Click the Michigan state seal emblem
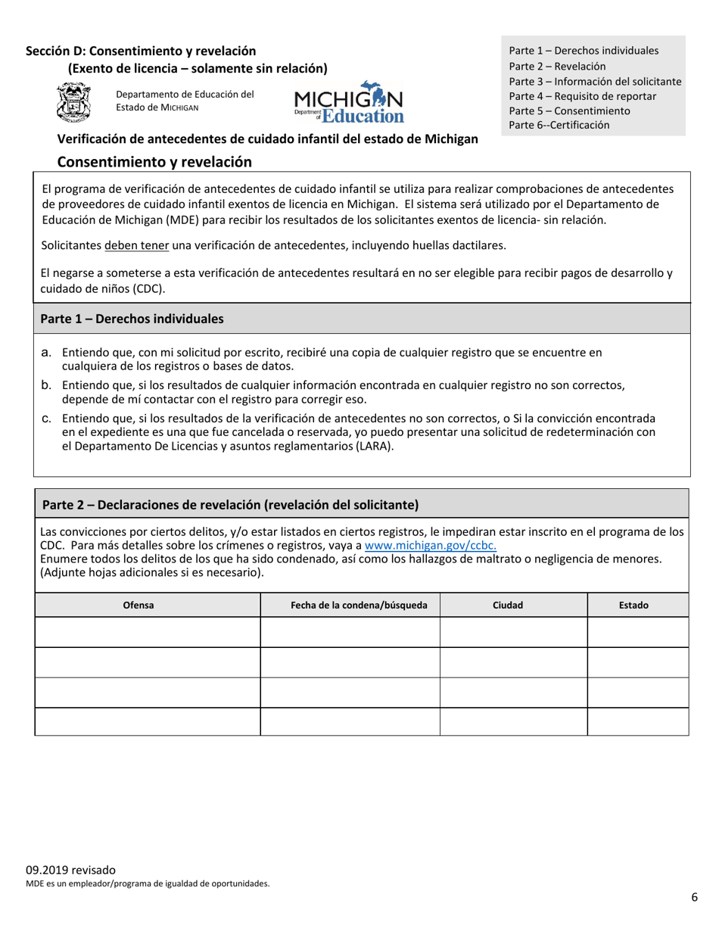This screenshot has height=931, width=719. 73,104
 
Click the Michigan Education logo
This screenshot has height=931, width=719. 349,102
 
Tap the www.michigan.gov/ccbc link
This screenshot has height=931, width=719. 430,546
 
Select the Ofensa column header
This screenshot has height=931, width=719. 148,605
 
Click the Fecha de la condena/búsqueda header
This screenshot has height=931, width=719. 350,605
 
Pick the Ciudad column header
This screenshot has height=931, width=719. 513,605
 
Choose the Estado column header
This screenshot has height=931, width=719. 637,605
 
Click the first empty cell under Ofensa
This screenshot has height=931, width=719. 148,632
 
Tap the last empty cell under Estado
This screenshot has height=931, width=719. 637,721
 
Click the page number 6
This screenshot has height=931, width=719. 694,898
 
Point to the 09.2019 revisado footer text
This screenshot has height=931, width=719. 71,870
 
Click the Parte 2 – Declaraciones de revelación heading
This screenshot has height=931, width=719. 231,504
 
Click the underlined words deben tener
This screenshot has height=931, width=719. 136,245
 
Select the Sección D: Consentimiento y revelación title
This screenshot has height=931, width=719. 141,51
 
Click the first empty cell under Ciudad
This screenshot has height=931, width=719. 513,632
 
